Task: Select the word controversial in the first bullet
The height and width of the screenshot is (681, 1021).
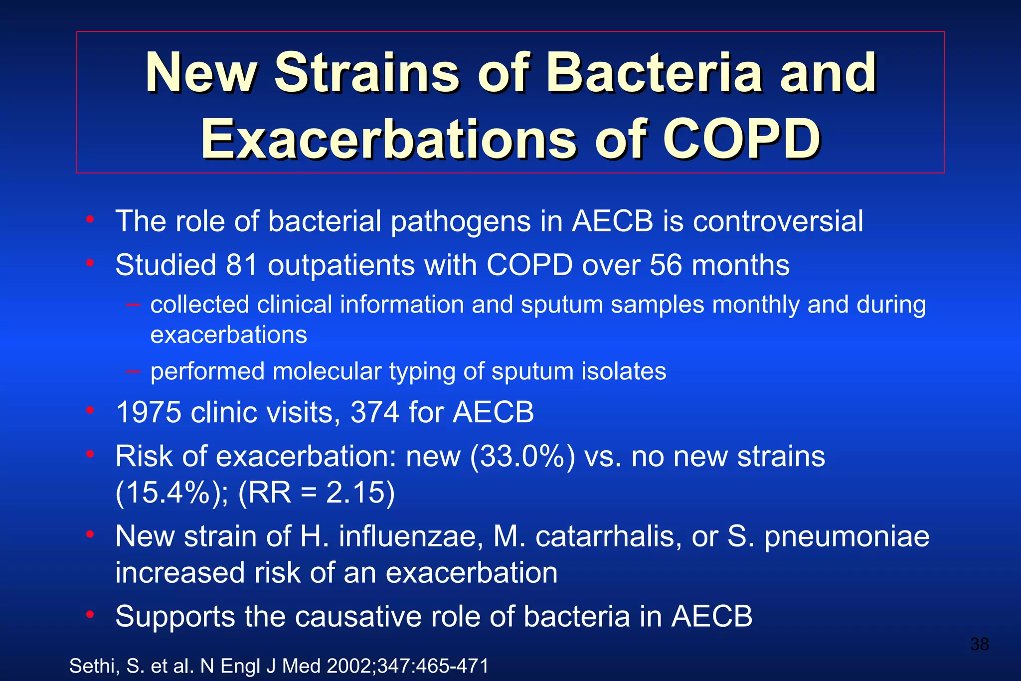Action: click(778, 221)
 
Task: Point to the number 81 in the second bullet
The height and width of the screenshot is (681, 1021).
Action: click(241, 265)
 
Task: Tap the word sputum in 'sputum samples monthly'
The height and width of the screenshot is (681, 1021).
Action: click(562, 305)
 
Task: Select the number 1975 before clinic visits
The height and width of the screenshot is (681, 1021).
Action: click(148, 413)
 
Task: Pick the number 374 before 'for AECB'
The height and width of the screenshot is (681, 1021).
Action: click(375, 413)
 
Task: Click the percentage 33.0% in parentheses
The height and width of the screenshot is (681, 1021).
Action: click(522, 457)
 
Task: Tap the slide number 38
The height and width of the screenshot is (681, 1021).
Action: click(979, 644)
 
